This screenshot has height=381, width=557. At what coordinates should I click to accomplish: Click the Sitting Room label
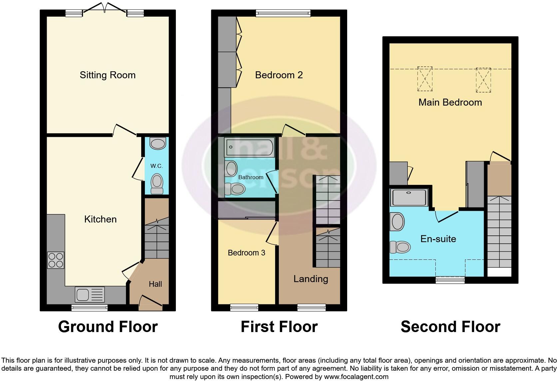[107, 75]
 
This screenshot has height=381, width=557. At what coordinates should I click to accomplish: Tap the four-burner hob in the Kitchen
[56, 260]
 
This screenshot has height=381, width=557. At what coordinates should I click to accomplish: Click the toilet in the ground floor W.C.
[157, 184]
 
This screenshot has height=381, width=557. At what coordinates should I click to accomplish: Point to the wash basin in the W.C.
[158, 144]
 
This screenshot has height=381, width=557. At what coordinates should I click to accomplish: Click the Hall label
[155, 284]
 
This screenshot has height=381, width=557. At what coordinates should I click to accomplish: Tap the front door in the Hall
[150, 301]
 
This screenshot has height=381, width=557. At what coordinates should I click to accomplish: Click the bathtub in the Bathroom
[249, 147]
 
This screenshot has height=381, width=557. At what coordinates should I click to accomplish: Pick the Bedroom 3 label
[246, 253]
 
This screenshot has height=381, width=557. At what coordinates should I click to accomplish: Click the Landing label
[310, 279]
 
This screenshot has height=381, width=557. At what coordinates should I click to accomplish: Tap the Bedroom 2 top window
[283, 13]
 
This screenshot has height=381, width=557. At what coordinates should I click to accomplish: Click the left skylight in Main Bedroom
[425, 79]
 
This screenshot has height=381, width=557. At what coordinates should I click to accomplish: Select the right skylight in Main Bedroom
[483, 80]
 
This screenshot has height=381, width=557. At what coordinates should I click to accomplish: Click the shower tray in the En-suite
[409, 197]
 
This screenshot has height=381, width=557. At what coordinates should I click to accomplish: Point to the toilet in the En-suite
[400, 247]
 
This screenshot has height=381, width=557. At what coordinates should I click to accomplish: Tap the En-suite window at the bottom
[450, 280]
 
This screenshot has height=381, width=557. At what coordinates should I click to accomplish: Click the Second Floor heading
[450, 327]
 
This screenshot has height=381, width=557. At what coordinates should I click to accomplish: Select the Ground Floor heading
[108, 327]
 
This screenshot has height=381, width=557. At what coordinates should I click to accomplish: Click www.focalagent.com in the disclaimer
[356, 377]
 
